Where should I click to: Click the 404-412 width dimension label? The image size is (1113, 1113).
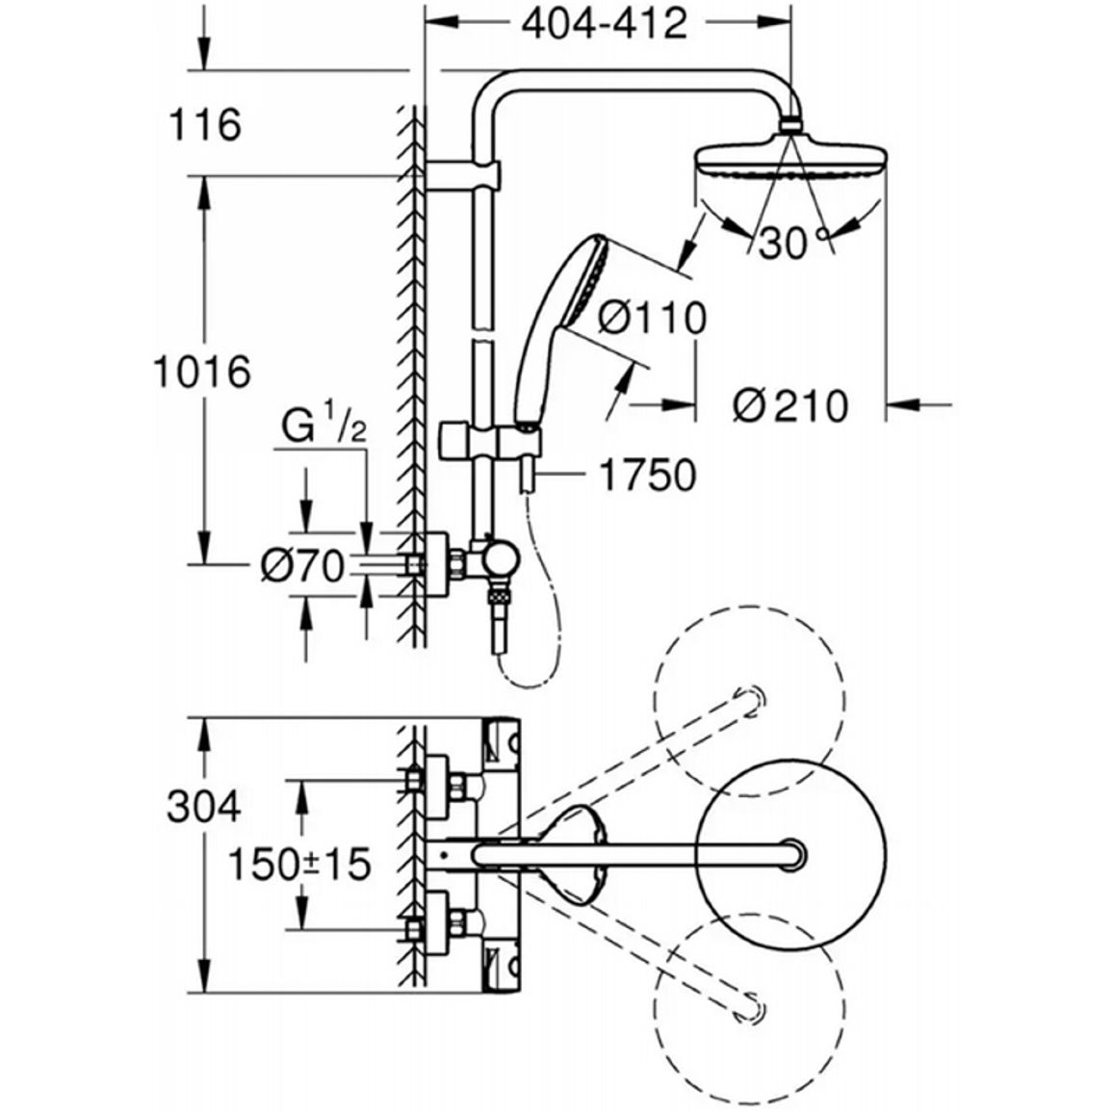[605, 25]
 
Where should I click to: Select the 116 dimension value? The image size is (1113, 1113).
[205, 125]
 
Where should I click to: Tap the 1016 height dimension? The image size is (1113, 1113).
[203, 372]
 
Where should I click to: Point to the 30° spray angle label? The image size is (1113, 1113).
[792, 244]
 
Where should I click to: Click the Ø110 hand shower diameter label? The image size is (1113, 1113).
[653, 318]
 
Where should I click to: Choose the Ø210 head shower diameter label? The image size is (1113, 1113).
[790, 406]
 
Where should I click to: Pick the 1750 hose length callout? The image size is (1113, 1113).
[648, 475]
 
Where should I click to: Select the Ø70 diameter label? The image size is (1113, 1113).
[302, 567]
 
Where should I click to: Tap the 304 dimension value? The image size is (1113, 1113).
[204, 807]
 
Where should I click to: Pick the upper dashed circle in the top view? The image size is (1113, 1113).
[750, 701]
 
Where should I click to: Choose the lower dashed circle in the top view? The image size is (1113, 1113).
[750, 1008]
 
